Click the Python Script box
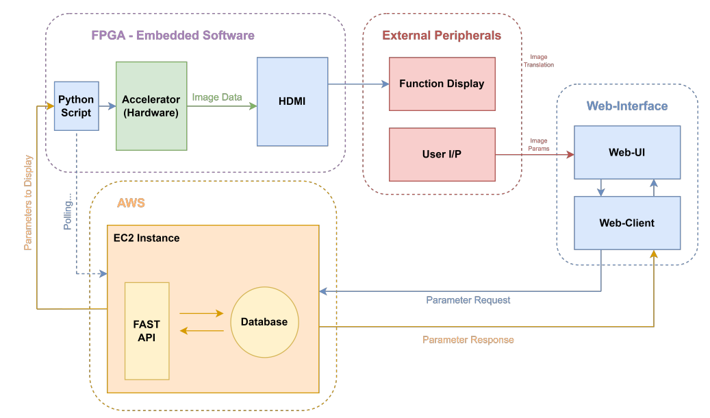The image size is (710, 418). tap(76, 106)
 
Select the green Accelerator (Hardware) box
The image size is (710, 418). tap(151, 106)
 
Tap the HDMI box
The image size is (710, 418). tap(292, 101)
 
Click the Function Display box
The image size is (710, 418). tap(442, 84)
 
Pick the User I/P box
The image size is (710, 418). tap(442, 154)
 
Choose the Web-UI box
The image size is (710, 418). tap(626, 152)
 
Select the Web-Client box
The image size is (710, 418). tap(626, 223)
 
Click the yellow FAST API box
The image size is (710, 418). tap(147, 330)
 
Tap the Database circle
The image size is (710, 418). tap(264, 322)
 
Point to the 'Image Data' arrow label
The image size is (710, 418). tap(217, 97)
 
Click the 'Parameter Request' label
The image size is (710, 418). tap(468, 300)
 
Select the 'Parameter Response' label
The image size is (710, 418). tap(468, 340)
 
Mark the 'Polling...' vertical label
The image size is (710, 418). tap(68, 214)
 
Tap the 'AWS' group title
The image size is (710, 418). tap(131, 204)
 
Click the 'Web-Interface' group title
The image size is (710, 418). tap(626, 106)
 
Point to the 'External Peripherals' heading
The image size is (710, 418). tap(442, 36)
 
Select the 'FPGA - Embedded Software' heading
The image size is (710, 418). tap(173, 35)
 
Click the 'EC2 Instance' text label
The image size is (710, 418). tap(147, 238)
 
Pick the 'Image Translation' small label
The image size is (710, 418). tap(539, 61)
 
